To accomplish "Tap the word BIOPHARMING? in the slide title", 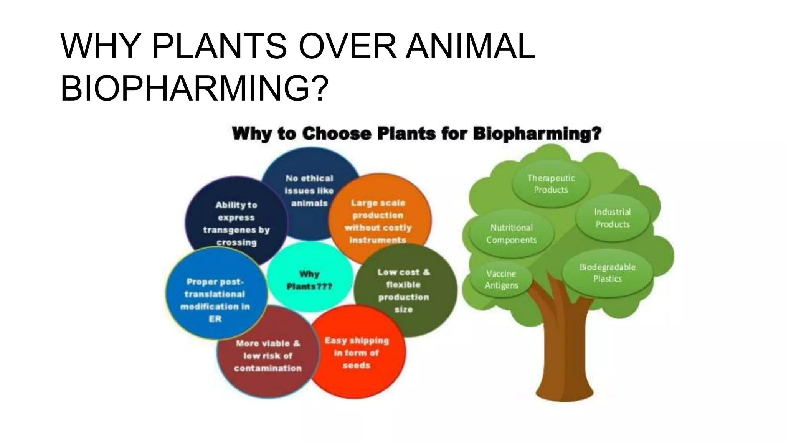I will point(195,88).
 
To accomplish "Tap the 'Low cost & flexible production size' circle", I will point(404,290).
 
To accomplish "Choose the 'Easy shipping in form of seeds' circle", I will point(357,353).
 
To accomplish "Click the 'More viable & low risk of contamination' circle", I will point(268,356).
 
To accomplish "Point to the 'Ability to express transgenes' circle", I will point(236,223).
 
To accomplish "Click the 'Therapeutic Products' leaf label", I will point(551,184).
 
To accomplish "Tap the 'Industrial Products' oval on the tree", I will point(613,218).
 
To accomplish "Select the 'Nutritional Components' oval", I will point(512,234).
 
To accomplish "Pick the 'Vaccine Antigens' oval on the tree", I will point(501,279).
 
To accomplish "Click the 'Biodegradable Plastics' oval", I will point(608,273).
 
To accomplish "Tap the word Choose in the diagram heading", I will point(337,134).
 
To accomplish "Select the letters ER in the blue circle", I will point(215,319).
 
